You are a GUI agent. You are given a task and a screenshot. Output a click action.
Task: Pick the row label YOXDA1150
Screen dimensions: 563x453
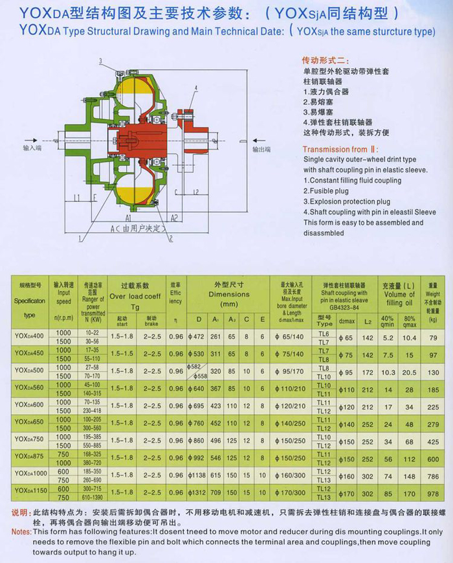pyautogui.click(x=30, y=491)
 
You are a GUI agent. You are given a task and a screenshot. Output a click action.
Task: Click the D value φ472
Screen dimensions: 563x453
pyautogui.click(x=196, y=337)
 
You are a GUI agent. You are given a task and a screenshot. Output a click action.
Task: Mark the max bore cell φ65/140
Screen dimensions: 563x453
pyautogui.click(x=291, y=337)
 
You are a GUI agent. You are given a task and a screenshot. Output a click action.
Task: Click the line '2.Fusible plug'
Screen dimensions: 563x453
pyautogui.click(x=326, y=191)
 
